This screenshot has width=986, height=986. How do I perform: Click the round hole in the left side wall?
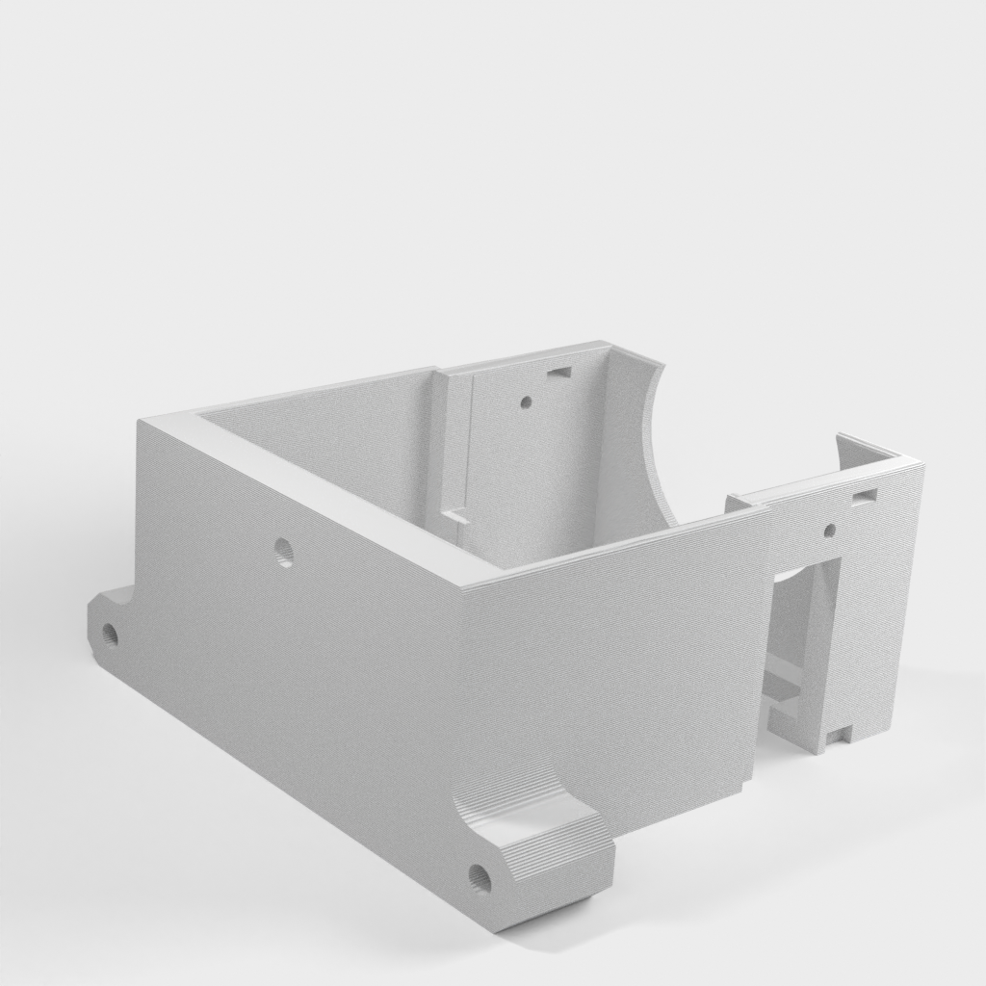[283, 552]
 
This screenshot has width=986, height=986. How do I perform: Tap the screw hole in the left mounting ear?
[110, 634]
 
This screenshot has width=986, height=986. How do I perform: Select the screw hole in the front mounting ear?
[480, 877]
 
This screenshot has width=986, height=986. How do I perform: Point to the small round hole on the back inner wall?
[525, 402]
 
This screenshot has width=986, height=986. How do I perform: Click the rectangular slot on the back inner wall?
[558, 371]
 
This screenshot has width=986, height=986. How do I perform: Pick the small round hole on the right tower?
[830, 530]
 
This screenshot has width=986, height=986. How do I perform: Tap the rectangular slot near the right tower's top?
[864, 496]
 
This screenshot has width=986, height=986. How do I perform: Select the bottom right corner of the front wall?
[749, 785]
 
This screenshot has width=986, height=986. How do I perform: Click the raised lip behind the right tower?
[862, 448]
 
